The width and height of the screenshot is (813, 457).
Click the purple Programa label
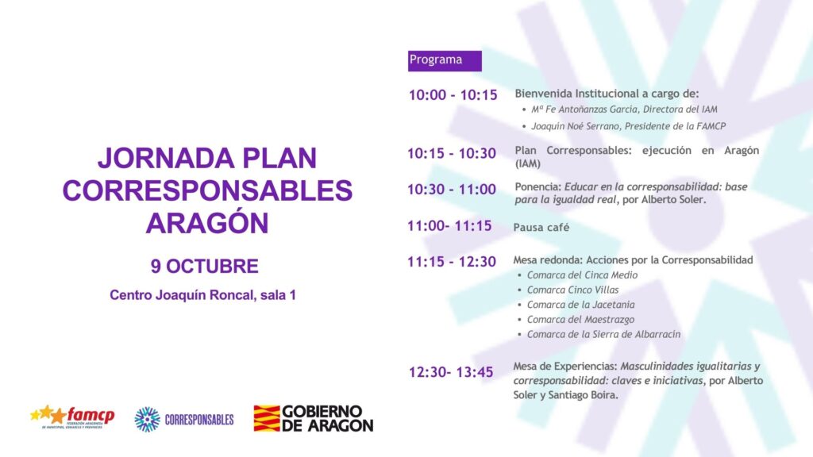click(x=445, y=60)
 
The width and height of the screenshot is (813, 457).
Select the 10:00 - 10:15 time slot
click(x=453, y=95)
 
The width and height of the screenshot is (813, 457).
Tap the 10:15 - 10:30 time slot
click(x=452, y=153)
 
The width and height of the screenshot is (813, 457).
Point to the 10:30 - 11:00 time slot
click(x=452, y=190)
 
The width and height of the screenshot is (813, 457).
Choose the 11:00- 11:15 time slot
click(x=449, y=226)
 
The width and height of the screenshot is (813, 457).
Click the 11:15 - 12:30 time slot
click(x=452, y=262)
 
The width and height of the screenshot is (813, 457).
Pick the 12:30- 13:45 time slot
click(x=451, y=372)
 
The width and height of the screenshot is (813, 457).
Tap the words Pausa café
click(x=541, y=228)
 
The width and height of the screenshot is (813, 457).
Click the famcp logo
click(x=72, y=417)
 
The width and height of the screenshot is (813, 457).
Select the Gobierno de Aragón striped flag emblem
click(x=267, y=418)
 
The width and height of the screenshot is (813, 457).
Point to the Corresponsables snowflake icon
click(x=147, y=419)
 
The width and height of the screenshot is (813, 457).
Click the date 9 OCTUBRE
click(x=205, y=267)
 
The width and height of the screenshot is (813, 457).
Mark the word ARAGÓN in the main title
click(x=207, y=223)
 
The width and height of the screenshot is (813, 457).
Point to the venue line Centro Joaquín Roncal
click(x=202, y=295)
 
